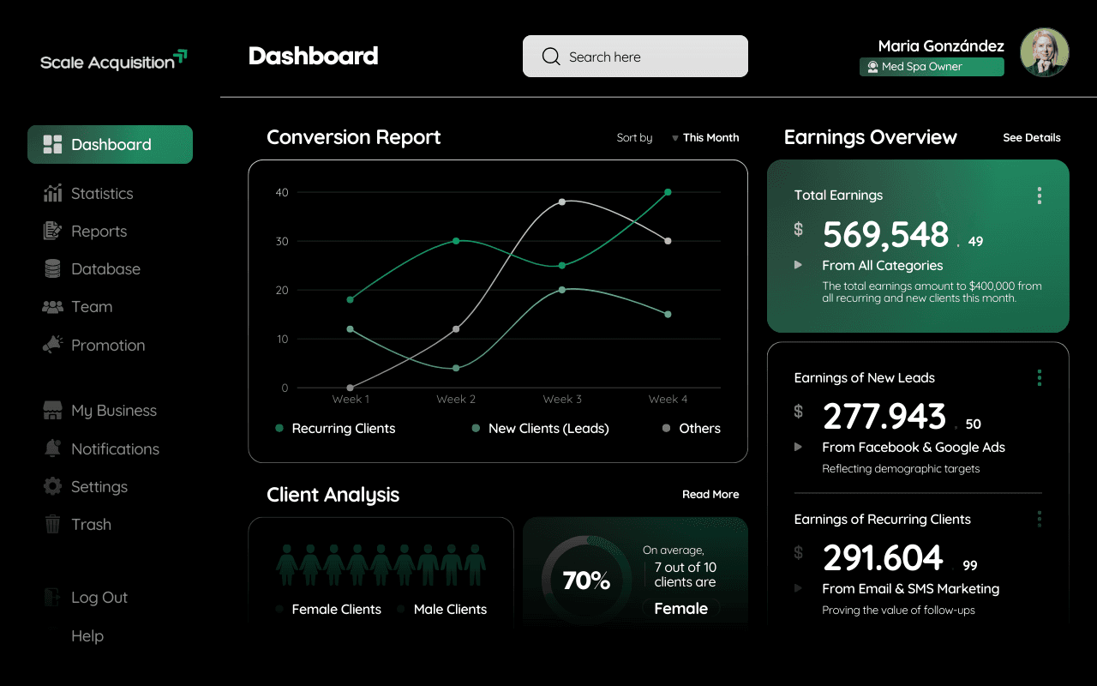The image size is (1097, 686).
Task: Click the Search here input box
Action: [635, 56]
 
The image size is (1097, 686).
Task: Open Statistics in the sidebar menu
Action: [88, 194]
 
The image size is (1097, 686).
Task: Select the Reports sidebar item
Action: [85, 232]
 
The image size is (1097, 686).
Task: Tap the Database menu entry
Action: [92, 269]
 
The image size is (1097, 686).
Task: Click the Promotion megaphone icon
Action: [52, 345]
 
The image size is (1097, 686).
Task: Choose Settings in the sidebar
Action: [85, 486]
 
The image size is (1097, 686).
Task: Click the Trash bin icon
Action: [52, 524]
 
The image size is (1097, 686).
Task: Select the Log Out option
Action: [86, 598]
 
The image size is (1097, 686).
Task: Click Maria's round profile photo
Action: [1044, 52]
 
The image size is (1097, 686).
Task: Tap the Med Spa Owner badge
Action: [932, 67]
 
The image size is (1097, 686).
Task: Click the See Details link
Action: [1031, 138]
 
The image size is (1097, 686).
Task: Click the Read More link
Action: [710, 495]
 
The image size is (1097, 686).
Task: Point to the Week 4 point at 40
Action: [668, 192]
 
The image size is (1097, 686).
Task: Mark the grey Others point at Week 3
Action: [561, 202]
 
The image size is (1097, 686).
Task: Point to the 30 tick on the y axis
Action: [282, 241]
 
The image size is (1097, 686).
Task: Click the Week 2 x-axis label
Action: [456, 400]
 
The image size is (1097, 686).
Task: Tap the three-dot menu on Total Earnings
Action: [1040, 196]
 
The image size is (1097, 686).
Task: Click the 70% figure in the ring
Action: [586, 581]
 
